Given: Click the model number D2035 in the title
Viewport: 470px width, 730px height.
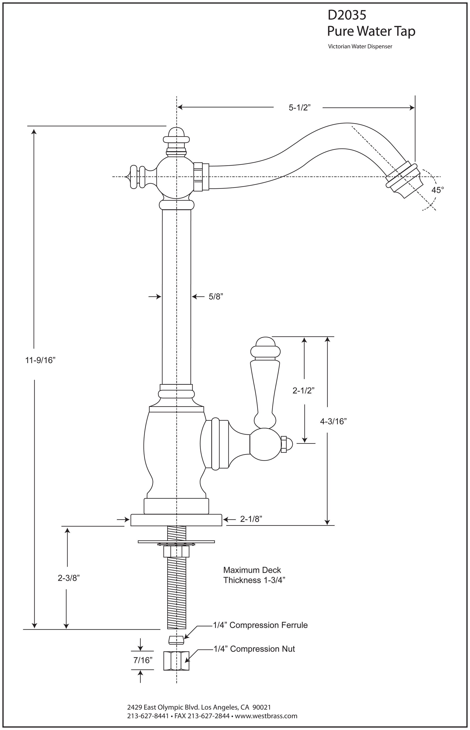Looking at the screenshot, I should [x=347, y=15].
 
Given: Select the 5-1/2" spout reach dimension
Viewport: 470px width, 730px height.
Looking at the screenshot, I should [x=299, y=108].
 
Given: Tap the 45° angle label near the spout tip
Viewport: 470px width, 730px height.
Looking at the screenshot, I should [x=437, y=190].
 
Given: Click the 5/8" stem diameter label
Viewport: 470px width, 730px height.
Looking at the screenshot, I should [x=216, y=296].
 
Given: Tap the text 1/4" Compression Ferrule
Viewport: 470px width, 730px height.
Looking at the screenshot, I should [x=260, y=625].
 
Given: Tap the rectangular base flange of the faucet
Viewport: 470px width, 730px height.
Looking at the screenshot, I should [x=176, y=520].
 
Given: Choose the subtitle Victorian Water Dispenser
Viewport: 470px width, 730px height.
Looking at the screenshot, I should [x=360, y=47].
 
